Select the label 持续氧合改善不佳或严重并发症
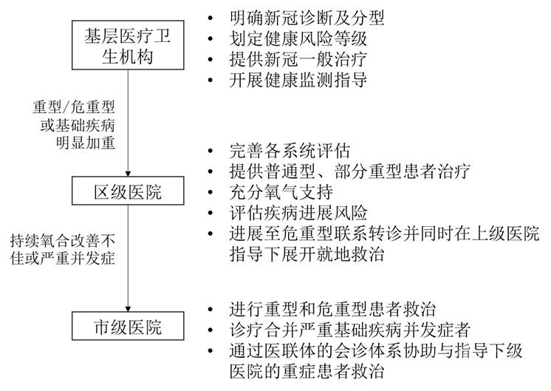point(63,251)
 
